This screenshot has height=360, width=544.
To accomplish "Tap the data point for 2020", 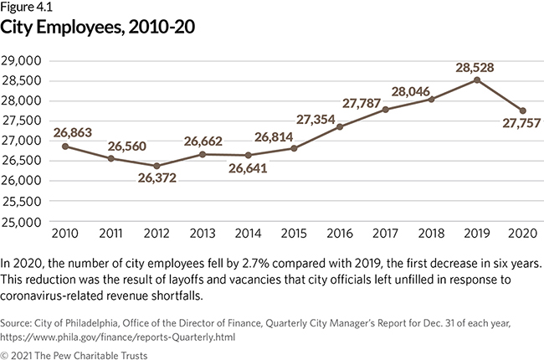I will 521,111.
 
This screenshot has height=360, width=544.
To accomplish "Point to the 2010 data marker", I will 65,147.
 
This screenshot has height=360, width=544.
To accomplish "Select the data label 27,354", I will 320,110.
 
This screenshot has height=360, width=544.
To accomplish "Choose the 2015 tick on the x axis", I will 294,232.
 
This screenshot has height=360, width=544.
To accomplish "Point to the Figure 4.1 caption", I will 28,8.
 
